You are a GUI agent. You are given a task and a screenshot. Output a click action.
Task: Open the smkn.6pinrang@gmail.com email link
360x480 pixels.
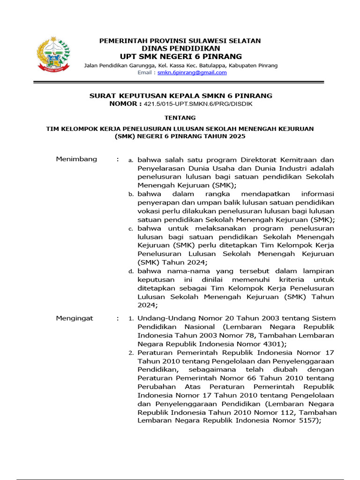[x=192, y=73]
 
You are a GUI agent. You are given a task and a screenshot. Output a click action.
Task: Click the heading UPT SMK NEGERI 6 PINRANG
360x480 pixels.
[x=180, y=57]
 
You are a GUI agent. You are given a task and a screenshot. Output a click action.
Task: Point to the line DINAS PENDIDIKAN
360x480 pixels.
[x=180, y=48]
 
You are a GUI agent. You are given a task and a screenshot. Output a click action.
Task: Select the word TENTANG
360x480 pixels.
[x=180, y=118]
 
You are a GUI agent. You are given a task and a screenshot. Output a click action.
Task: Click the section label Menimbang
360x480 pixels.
[x=76, y=159]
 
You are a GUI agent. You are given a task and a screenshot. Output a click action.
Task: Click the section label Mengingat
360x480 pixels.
[x=75, y=318]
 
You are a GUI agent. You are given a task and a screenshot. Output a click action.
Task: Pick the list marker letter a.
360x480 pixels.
[x=131, y=160]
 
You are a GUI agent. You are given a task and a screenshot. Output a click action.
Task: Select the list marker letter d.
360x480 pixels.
[x=131, y=271]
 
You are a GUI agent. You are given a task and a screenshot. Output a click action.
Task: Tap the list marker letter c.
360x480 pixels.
[x=131, y=229]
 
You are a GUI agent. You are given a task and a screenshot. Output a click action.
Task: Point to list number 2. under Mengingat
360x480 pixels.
[x=131, y=353]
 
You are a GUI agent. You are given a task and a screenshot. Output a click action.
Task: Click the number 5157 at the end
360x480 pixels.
[x=309, y=420]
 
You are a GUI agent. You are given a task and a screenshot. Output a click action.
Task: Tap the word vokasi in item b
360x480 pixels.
[x=149, y=211]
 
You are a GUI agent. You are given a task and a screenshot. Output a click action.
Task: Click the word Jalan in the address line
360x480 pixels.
[x=92, y=65]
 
